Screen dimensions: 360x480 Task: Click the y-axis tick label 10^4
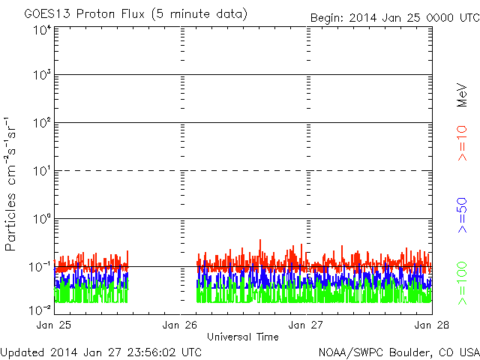(41, 31)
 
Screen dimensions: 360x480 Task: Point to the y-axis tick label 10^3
(41, 76)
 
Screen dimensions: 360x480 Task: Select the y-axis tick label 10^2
(41, 123)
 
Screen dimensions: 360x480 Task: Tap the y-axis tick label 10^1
(41, 171)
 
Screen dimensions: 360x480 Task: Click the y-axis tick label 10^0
(41, 219)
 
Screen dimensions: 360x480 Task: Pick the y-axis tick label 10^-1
(40, 266)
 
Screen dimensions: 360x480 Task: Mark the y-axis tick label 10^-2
(40, 309)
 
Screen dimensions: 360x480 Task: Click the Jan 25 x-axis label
(53, 325)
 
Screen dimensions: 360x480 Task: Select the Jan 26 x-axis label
(181, 325)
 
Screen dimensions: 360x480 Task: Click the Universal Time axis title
(243, 337)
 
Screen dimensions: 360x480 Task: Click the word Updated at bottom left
(22, 352)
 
